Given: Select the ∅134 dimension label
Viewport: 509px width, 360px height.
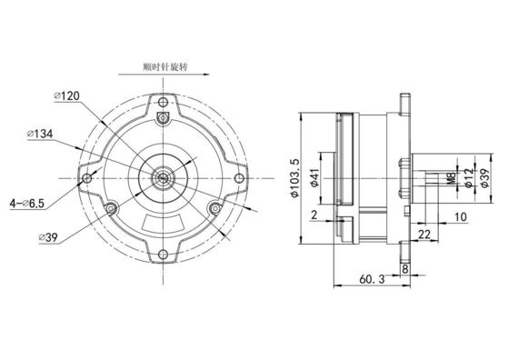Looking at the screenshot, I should click(x=45, y=135).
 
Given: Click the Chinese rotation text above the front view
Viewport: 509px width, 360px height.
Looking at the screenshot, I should click(x=164, y=67).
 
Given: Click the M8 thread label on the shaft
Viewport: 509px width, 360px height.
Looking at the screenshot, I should click(x=452, y=178).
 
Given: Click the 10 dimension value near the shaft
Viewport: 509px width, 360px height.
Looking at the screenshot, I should click(x=460, y=217).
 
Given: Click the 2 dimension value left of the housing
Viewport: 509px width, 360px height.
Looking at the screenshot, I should click(x=313, y=215).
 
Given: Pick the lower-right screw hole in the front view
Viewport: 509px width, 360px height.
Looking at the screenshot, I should click(x=215, y=209).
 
